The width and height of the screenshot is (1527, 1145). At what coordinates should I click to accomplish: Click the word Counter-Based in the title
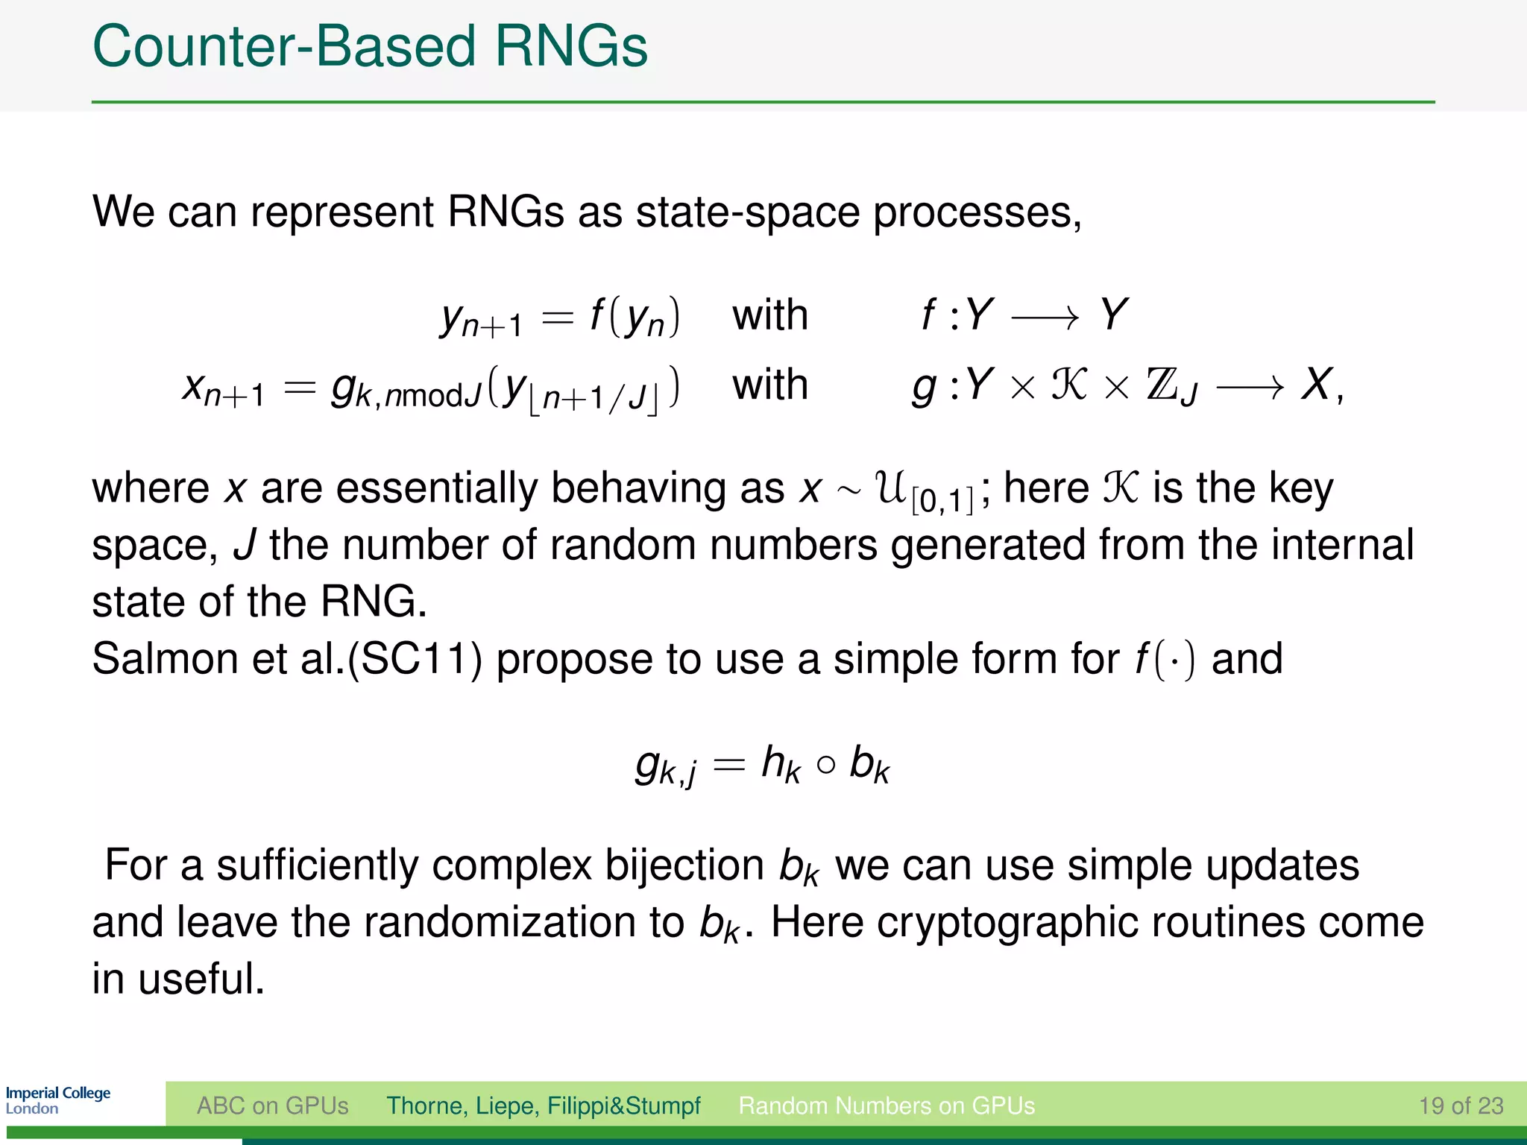coord(283,46)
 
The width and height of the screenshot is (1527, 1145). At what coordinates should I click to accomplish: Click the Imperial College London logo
coord(58,1100)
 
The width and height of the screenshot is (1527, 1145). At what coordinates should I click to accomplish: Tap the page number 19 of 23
coord(1461,1105)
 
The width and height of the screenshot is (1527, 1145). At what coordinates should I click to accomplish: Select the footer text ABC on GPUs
coord(272,1105)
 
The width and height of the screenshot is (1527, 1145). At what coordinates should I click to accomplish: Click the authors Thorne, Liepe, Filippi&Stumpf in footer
coord(543,1105)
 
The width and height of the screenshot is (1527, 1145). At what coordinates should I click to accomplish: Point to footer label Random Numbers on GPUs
coord(887,1105)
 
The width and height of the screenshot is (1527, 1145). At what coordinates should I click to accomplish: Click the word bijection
coord(684,865)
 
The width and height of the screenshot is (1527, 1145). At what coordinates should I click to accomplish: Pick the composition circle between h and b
coord(825,766)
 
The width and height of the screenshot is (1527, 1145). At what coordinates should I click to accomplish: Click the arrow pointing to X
coord(1250,386)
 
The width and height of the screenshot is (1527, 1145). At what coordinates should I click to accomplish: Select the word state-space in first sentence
coord(747,212)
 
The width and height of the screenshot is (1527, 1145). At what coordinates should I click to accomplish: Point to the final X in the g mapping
coord(1317,385)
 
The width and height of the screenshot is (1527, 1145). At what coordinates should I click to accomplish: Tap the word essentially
coord(437,489)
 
